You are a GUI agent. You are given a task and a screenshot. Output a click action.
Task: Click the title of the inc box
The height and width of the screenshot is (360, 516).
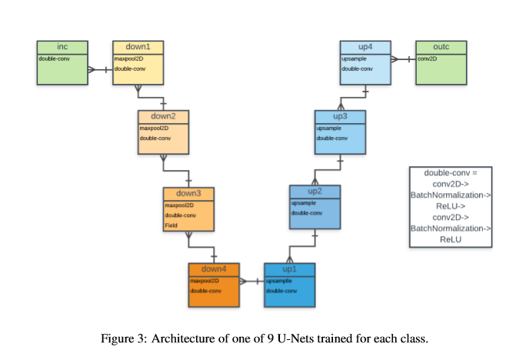(x=62, y=47)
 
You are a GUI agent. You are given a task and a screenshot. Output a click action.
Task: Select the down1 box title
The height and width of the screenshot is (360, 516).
(x=138, y=47)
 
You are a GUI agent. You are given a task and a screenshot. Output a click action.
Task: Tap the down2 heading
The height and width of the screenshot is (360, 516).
(x=163, y=116)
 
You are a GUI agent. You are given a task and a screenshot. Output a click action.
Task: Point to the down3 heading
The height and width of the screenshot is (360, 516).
(x=188, y=193)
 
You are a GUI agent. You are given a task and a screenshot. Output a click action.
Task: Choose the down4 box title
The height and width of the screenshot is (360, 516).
(x=214, y=269)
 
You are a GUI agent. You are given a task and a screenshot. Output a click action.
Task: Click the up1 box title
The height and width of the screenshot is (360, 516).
(x=290, y=269)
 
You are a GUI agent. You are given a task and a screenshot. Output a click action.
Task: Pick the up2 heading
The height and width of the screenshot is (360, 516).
(x=315, y=192)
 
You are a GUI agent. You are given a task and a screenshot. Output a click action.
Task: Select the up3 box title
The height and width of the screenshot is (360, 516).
(x=340, y=116)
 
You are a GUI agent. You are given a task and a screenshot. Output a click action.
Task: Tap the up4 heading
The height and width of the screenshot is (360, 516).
(x=365, y=47)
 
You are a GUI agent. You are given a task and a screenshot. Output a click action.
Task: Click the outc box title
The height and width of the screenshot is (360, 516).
(x=441, y=47)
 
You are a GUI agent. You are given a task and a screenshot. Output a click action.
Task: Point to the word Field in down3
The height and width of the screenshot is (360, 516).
(x=171, y=225)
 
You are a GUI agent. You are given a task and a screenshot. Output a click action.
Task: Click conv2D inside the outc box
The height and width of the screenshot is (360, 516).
(x=427, y=59)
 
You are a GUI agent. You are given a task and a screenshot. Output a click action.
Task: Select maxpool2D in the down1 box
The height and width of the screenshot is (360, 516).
(x=128, y=59)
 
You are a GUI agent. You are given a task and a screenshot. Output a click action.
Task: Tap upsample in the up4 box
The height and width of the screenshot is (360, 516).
(x=354, y=59)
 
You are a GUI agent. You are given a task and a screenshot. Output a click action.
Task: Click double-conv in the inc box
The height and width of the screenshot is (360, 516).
(x=54, y=59)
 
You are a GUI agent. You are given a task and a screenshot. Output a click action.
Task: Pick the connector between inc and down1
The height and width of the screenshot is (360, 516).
(x=101, y=70)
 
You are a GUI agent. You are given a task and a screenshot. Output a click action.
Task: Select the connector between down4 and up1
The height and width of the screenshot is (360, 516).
(x=251, y=282)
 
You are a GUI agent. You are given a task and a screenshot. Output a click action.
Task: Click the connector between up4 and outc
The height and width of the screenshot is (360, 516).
(x=404, y=59)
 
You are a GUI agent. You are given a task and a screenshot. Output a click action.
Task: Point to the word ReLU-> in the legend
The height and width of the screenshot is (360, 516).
(x=451, y=206)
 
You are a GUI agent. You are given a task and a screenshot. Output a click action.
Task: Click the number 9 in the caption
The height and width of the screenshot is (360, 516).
(x=271, y=338)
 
